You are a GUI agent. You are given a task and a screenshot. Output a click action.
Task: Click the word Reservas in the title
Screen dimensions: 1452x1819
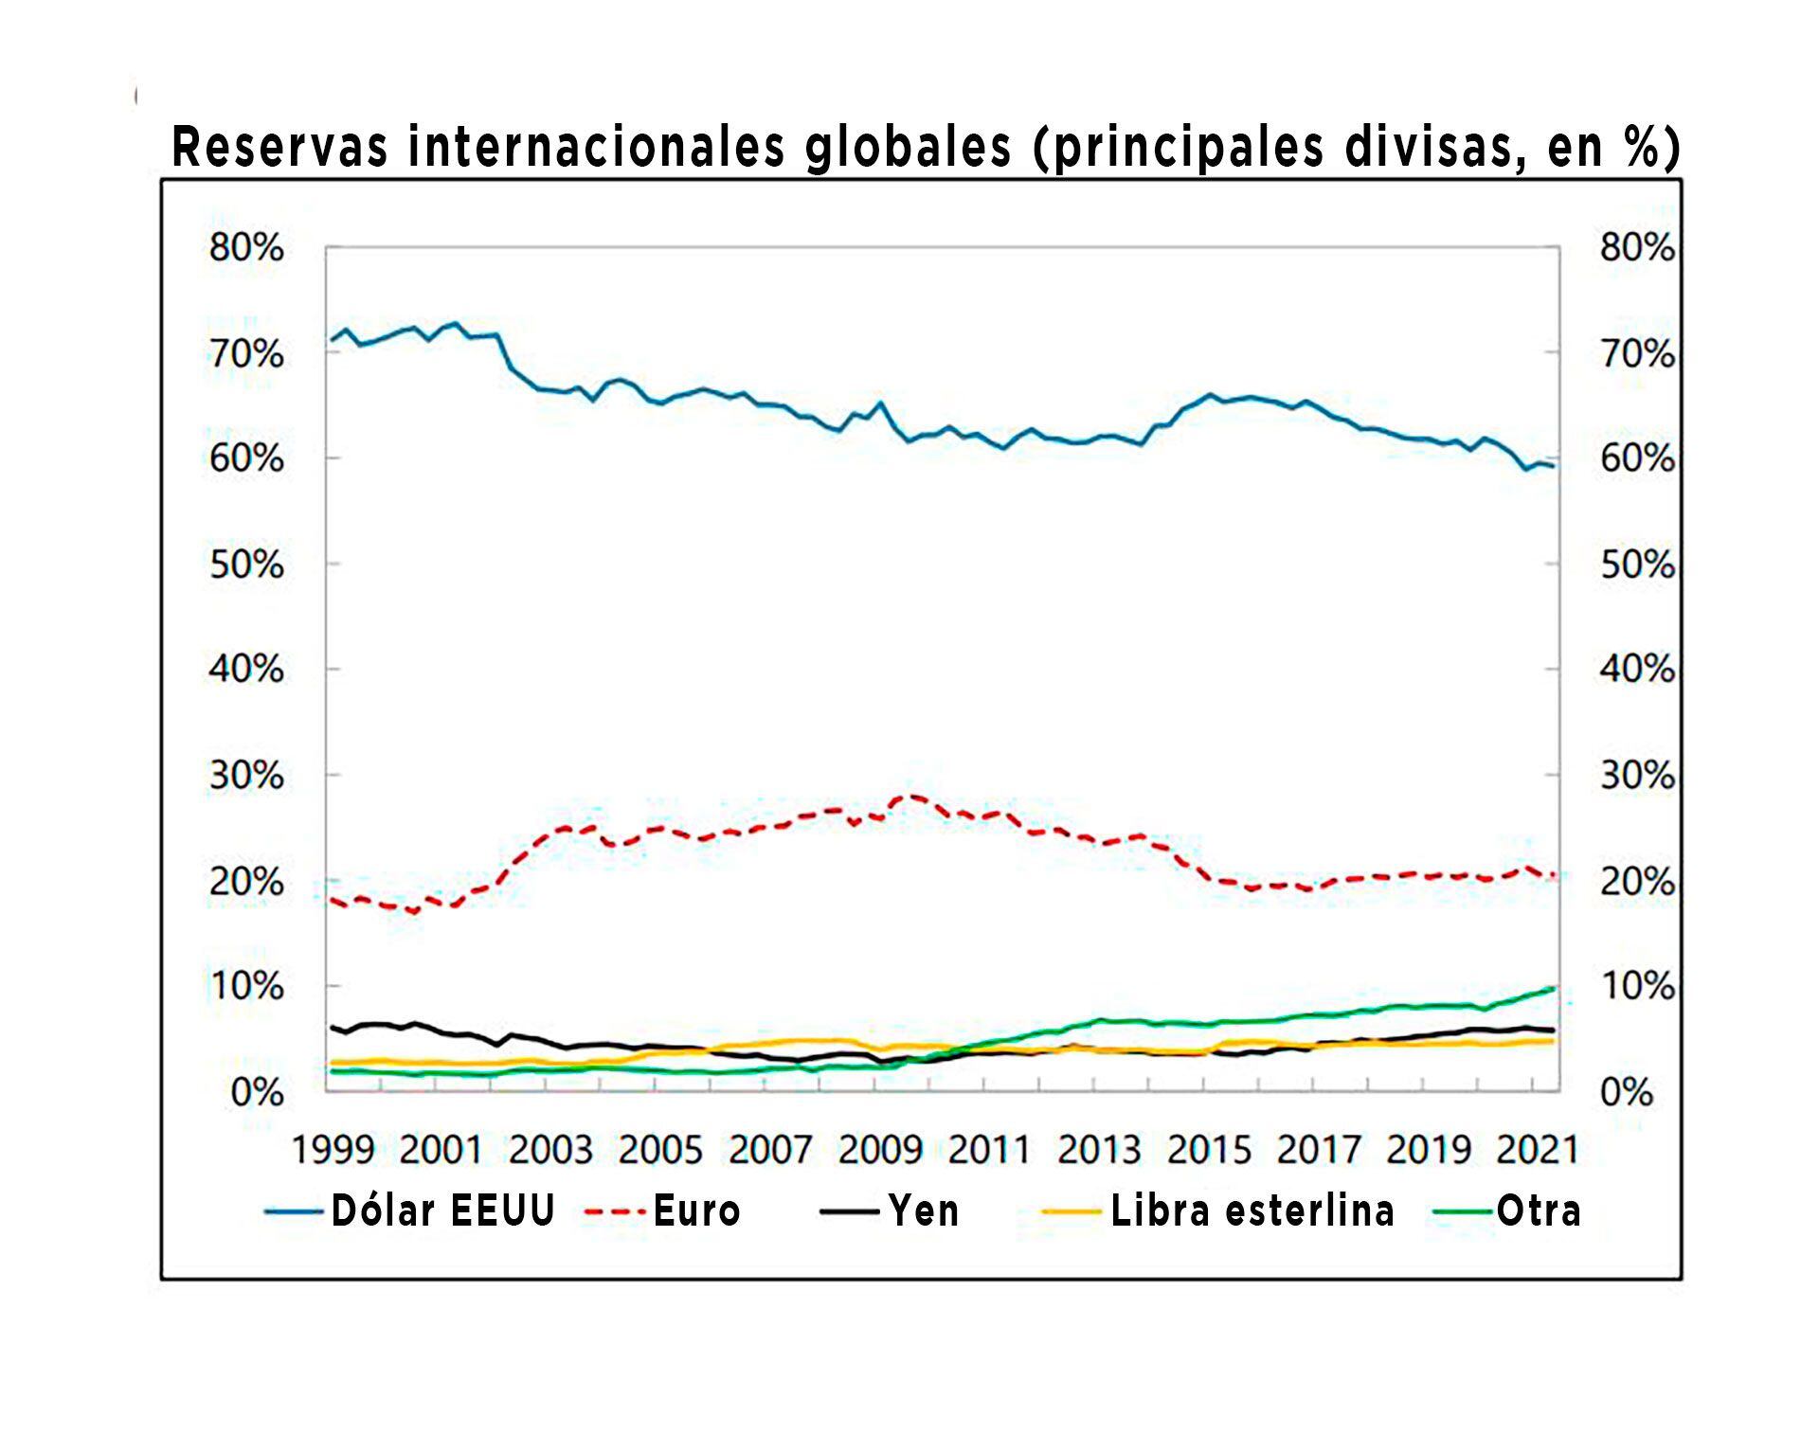pos(279,147)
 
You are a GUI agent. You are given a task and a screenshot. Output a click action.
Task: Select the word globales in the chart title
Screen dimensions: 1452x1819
pos(909,149)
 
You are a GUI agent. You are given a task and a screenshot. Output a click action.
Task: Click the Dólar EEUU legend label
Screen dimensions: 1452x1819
pos(442,1211)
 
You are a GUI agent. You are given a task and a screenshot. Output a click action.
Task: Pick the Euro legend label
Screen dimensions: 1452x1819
pos(696,1211)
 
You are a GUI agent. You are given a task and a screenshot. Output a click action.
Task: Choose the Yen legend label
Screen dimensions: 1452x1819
pos(924,1211)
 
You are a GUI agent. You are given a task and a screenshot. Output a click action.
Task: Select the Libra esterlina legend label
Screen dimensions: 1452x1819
pos(1252,1211)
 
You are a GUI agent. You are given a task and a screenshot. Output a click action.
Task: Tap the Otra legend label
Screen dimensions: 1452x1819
pos(1539,1211)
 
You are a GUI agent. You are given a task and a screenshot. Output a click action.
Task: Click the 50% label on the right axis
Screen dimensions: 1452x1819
pos(1637,565)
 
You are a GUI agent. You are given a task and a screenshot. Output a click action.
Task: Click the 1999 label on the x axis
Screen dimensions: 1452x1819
pos(333,1150)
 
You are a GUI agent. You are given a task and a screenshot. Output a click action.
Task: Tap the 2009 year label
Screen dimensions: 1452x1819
pos(880,1150)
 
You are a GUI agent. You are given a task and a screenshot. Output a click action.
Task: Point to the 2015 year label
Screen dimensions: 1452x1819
pos(1209,1150)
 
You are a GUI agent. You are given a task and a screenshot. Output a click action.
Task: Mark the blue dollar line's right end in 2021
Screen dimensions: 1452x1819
pos(1552,466)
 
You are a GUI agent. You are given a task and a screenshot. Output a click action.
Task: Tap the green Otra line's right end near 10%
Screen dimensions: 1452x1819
pos(1553,988)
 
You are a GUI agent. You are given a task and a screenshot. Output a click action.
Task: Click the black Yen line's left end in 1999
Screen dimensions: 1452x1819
pos(332,1027)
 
